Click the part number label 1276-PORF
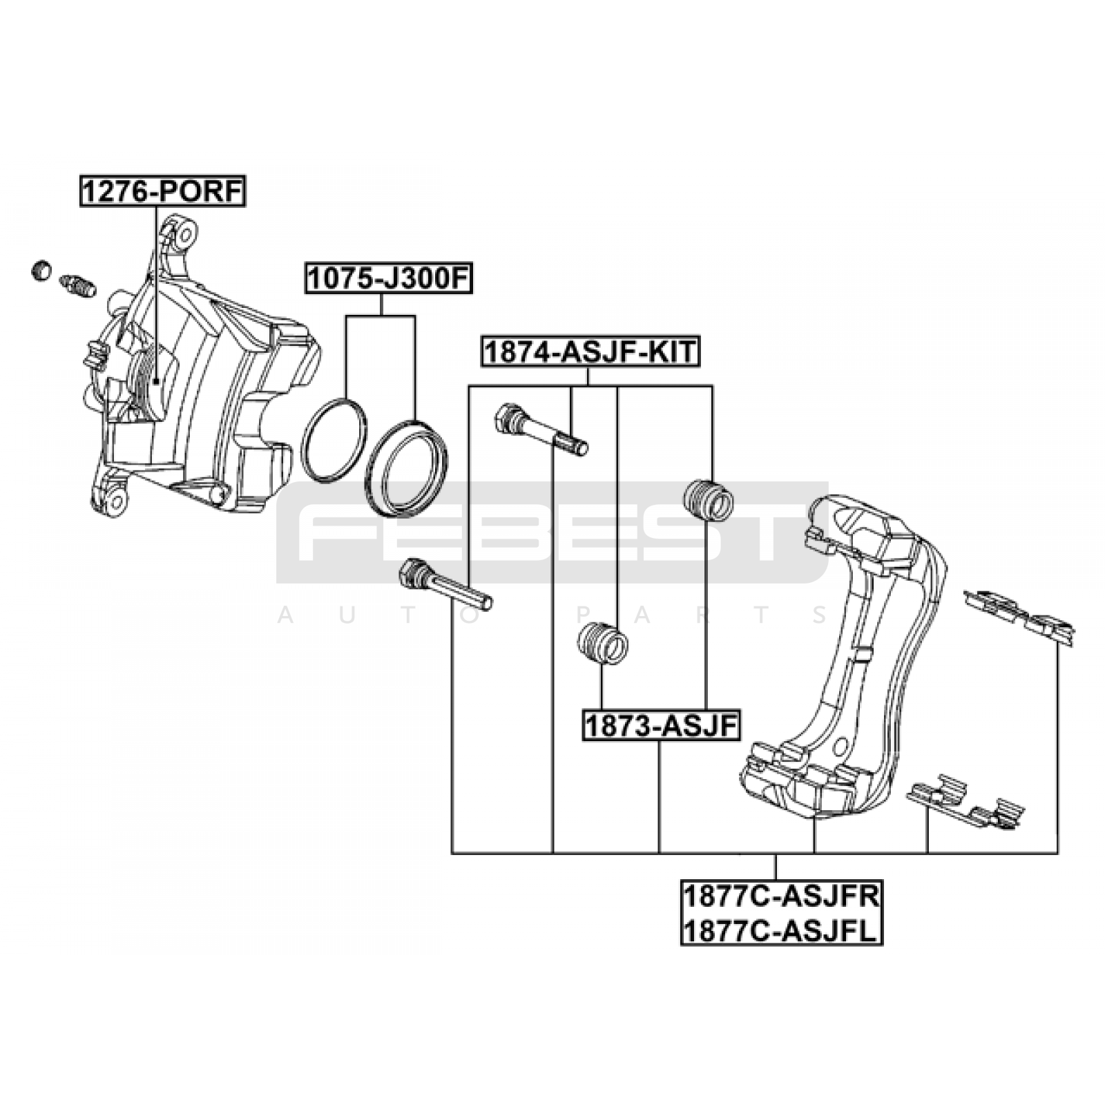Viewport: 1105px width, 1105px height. [163, 191]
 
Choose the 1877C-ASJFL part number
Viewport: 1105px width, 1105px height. [781, 930]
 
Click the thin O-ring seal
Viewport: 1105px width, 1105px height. [334, 440]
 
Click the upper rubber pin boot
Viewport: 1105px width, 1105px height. [707, 497]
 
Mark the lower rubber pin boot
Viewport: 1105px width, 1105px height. [602, 643]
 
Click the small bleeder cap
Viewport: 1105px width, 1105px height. [42, 270]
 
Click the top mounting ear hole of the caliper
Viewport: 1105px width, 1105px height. [184, 235]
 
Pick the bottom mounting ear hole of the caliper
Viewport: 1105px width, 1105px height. [117, 499]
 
